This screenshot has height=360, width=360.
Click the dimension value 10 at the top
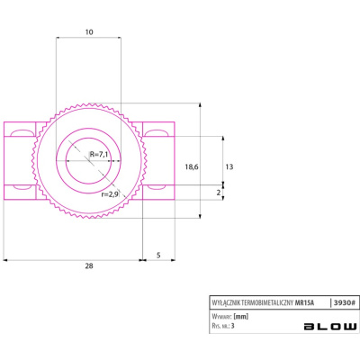coord(89,31)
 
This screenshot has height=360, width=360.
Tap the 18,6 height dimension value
coord(192,167)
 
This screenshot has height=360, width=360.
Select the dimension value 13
coord(229,166)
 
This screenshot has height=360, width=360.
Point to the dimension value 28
coord(89,265)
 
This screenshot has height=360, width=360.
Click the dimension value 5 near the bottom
coord(158,255)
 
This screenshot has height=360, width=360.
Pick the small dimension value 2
coord(219,193)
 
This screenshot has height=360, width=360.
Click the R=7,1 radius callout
coord(99,155)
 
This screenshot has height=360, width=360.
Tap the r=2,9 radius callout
coord(110,194)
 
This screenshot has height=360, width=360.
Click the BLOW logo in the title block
coord(330,327)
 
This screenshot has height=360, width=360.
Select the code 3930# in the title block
coord(345,302)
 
